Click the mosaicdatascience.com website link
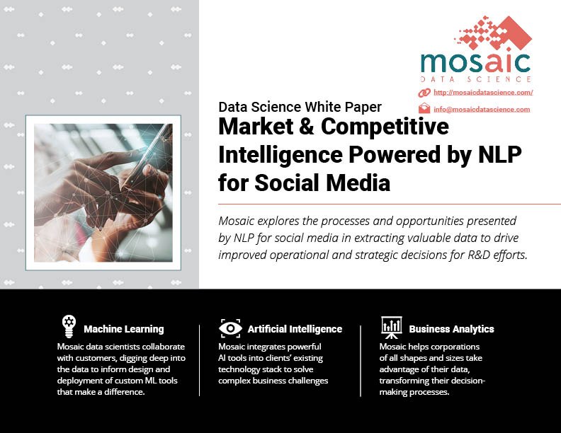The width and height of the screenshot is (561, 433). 483,93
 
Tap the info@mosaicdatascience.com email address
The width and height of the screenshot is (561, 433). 482,110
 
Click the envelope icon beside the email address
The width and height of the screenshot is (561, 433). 424,108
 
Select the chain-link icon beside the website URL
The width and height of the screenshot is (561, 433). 424,93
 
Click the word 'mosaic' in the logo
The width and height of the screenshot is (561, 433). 475,62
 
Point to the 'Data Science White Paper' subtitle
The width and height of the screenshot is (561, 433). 300,107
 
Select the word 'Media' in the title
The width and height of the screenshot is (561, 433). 358,183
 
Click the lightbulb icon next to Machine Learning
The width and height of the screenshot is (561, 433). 69,326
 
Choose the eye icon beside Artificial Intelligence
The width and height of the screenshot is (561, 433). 230,328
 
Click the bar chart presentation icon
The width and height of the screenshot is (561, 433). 392,328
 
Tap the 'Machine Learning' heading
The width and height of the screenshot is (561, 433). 124,329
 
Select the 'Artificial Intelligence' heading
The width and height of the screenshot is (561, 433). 295,329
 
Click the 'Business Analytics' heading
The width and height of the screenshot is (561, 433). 451,329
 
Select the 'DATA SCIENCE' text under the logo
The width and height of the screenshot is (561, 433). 475,79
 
